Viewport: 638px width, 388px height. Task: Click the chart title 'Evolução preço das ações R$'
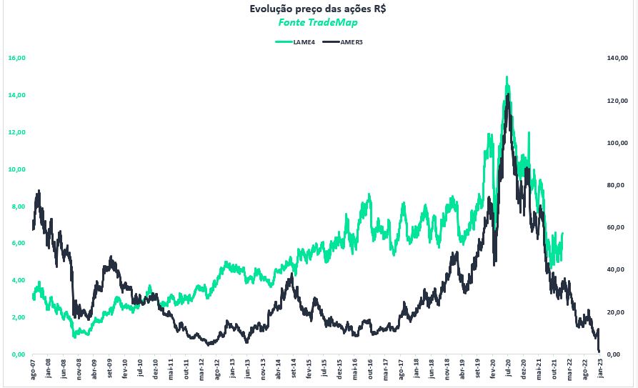click(x=318, y=9)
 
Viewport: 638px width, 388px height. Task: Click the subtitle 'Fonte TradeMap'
click(x=318, y=22)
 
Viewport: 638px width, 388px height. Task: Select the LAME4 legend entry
click(x=294, y=42)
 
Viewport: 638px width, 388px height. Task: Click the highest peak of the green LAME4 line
click(x=507, y=76)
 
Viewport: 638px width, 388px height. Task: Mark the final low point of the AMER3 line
click(x=599, y=351)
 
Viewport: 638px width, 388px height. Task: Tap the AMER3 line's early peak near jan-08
click(x=39, y=191)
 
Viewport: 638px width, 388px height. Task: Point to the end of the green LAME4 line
click(x=562, y=234)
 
